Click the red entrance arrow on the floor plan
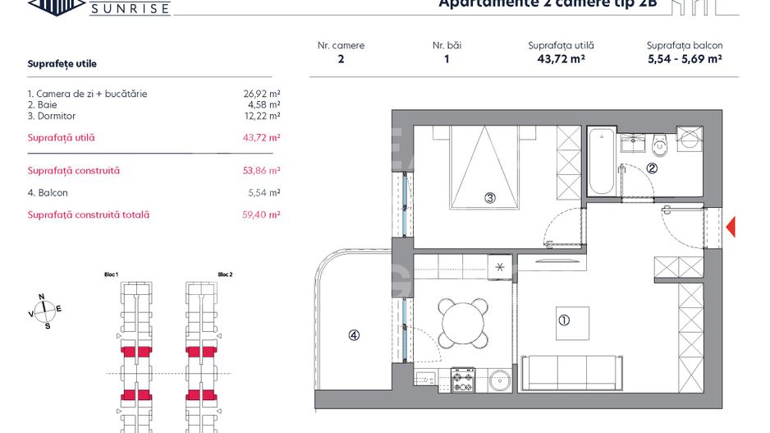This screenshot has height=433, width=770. click(x=731, y=226)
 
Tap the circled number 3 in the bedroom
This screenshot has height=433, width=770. click(x=489, y=197)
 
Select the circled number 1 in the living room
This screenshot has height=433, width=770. click(x=564, y=320)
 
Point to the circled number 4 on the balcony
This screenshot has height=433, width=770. click(x=353, y=334)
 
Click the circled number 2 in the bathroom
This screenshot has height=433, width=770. click(x=652, y=168)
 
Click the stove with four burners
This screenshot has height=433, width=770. click(x=462, y=380)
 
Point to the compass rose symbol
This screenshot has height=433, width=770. click(x=46, y=310)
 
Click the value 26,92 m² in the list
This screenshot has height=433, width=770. click(x=264, y=94)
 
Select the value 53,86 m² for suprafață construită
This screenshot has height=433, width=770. click(x=264, y=171)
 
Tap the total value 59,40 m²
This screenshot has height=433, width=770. click(x=264, y=215)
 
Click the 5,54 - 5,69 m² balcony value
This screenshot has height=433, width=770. click(x=684, y=59)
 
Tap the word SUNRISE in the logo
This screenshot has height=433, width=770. click(x=130, y=9)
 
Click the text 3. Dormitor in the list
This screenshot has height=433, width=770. click(x=52, y=117)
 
